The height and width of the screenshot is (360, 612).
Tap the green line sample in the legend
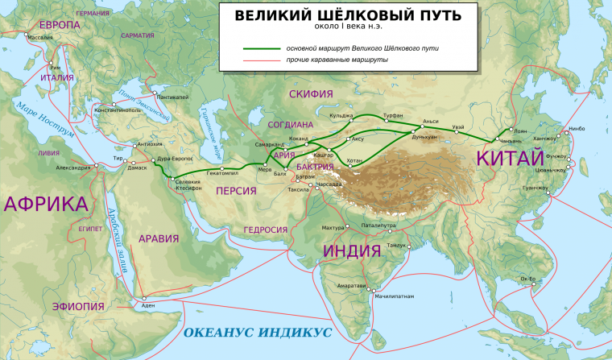(x=262, y=49)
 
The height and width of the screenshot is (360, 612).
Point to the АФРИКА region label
(x=45, y=203)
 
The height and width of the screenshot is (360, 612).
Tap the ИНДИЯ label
(x=352, y=250)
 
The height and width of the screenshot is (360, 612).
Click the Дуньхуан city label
(x=424, y=137)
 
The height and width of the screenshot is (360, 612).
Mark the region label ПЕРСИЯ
(x=235, y=191)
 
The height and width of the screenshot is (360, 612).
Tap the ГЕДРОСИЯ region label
(x=265, y=230)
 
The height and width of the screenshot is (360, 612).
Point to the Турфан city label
(x=393, y=116)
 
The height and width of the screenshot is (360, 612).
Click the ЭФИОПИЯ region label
(x=77, y=307)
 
